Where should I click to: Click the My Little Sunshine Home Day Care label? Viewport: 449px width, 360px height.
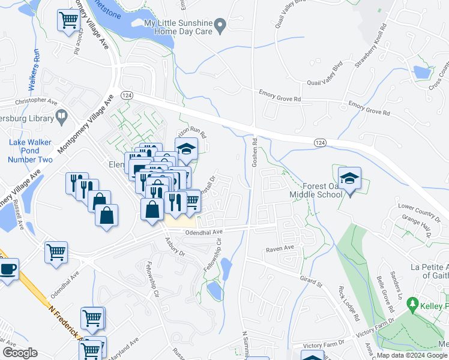pos(179,27)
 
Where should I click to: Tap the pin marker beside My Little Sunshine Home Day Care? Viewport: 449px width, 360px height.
pos(220,25)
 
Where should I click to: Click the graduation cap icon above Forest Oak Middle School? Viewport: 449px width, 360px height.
pos(349,178)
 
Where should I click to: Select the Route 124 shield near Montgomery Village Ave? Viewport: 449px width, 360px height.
pos(126,95)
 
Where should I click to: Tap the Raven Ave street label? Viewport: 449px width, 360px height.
pos(280,247)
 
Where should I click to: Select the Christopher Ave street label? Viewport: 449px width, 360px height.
pos(22,100)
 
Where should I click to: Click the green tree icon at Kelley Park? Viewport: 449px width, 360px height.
pos(412,305)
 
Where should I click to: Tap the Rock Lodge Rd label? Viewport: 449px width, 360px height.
pos(348,304)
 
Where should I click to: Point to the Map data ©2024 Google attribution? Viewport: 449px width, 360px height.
pos(411,355)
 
